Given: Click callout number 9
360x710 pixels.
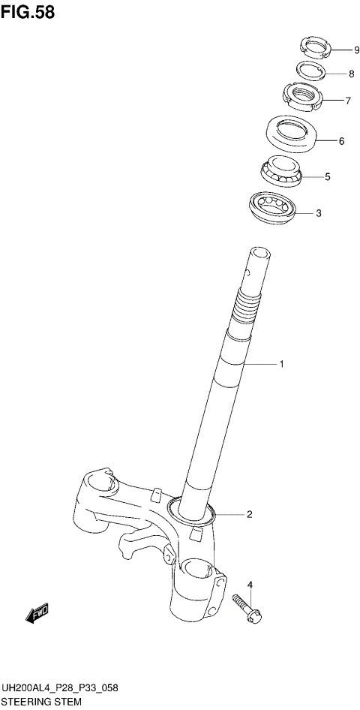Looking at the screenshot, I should click(x=346, y=51).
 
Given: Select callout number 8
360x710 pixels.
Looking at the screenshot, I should click(x=350, y=74).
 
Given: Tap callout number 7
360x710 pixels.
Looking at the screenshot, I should click(x=348, y=101).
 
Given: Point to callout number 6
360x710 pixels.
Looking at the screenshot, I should click(x=341, y=140).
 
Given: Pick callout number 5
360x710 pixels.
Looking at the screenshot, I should click(x=328, y=177).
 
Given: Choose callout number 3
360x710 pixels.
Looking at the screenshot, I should click(x=319, y=213).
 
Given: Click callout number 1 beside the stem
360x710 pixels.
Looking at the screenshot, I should click(x=281, y=365).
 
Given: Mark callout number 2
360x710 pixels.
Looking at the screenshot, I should click(x=249, y=514).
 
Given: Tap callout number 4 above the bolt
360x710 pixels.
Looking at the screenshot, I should click(x=250, y=585).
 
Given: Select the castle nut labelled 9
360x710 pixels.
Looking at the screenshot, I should click(x=316, y=48).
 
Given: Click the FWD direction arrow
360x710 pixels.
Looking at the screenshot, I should click(x=37, y=614).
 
